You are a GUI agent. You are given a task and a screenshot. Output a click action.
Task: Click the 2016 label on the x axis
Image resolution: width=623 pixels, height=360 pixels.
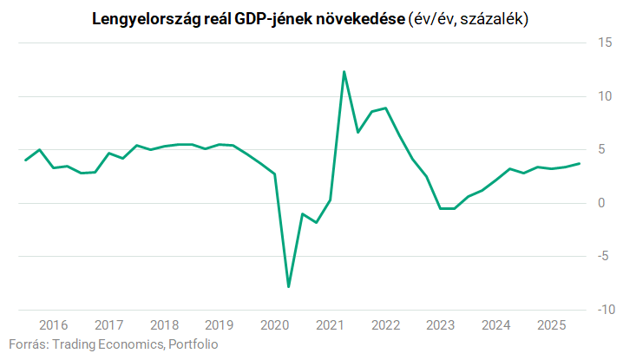point(53,325)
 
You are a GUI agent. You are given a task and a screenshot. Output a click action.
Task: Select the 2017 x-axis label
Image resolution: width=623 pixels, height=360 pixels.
point(108,325)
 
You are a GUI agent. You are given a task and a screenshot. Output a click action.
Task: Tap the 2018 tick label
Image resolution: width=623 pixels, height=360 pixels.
point(164,325)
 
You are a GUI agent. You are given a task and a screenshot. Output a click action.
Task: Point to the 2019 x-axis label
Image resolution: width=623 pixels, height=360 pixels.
point(220,325)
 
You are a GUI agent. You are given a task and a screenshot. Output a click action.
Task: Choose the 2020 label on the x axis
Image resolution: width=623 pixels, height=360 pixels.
point(274,325)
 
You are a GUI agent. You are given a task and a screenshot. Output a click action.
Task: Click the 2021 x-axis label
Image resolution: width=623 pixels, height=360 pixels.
point(330,325)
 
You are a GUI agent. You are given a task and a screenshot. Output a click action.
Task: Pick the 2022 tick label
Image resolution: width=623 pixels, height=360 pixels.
point(385,325)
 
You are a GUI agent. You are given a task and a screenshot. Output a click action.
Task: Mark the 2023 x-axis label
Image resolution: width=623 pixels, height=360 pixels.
point(441,325)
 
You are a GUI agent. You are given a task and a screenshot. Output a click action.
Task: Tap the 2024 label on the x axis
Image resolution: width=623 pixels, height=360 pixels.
point(495,325)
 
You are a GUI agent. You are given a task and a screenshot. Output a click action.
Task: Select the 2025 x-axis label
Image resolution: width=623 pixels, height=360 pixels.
point(551,325)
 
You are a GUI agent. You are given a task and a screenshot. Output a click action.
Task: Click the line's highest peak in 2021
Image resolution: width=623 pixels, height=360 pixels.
point(344,72)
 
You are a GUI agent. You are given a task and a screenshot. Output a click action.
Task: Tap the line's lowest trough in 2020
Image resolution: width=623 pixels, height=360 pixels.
point(288,286)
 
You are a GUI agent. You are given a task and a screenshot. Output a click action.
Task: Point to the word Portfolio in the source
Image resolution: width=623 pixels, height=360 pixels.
point(193,344)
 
